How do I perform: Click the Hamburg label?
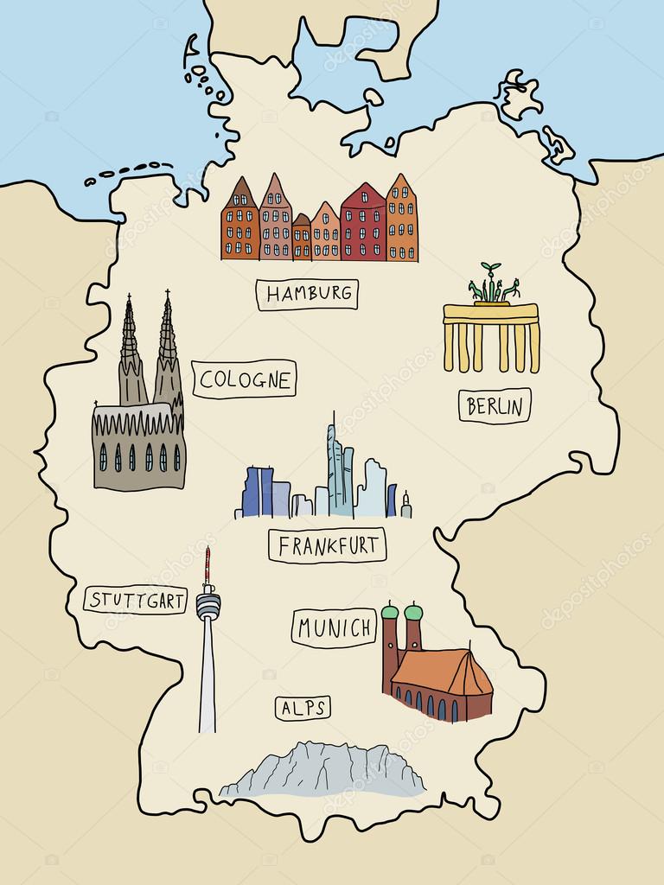coord(307,294)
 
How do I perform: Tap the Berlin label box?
coord(495,405)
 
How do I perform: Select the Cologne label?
coord(244,379)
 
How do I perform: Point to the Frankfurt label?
coord(327,545)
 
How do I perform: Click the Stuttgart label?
coord(136,600)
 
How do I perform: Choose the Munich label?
coord(334,628)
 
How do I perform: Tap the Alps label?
coord(303,709)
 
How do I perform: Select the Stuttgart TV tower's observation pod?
coord(207,605)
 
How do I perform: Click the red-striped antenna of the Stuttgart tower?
coord(207,566)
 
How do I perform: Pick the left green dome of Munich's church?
coord(390,613)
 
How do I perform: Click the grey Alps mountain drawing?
coord(324,769)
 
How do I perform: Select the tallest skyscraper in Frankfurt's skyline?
coord(334,471)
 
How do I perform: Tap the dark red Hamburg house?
coord(363,225)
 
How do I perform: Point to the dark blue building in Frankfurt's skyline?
coord(258,493)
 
